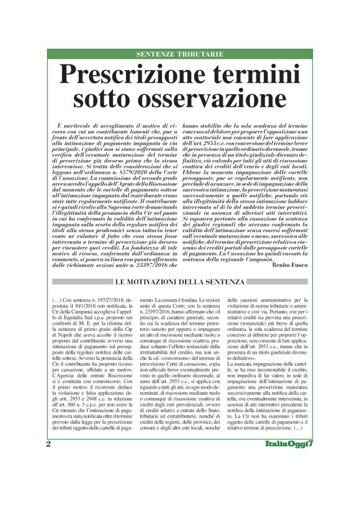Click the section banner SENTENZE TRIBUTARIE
coord(179,55)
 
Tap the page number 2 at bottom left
coord(48,478)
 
